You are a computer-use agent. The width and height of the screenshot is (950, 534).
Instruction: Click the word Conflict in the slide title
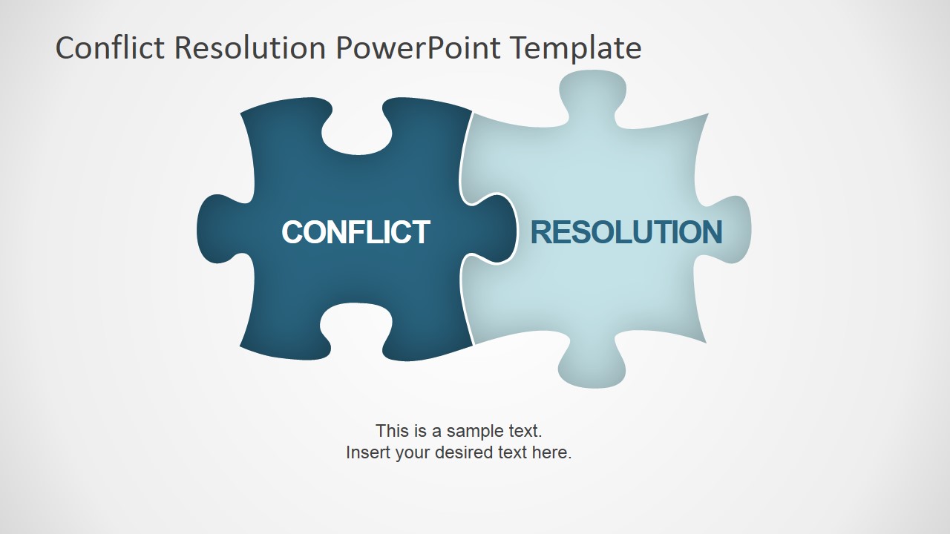111,48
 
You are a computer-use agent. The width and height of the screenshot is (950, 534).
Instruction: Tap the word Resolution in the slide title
250,48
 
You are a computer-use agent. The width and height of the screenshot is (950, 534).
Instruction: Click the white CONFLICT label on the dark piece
356,232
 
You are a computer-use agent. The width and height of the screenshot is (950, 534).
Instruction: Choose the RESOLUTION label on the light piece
626,232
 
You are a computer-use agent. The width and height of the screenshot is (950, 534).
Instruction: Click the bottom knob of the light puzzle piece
592,367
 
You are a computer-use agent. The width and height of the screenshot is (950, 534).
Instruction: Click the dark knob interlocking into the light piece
494,229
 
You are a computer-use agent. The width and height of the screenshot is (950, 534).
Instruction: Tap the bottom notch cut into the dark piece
356,326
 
